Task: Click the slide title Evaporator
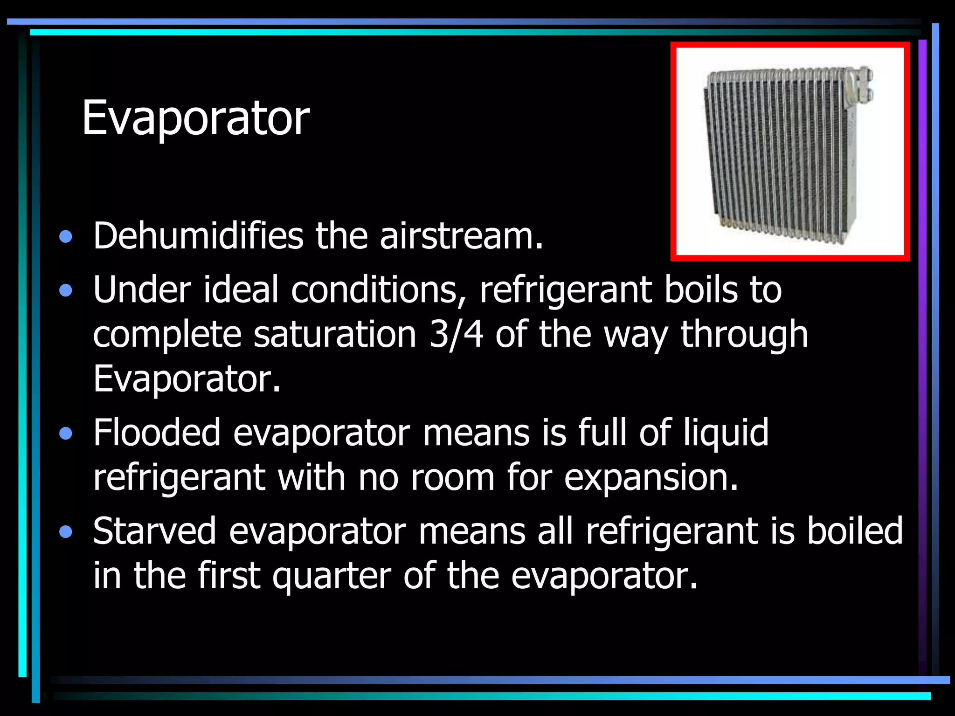click(x=195, y=118)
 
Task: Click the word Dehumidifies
click(x=198, y=236)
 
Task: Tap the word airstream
click(x=461, y=236)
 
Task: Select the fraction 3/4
click(x=456, y=334)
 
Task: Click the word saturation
click(x=335, y=334)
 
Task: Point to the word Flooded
click(x=157, y=433)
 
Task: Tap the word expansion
click(x=651, y=477)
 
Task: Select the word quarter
click(x=332, y=576)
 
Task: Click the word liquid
click(x=726, y=433)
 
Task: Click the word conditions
click(x=378, y=290)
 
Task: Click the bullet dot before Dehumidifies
click(x=66, y=238)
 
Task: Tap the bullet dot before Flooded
click(x=66, y=434)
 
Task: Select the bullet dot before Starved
click(x=66, y=532)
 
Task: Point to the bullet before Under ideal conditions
click(x=66, y=291)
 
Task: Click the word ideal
click(x=241, y=290)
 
